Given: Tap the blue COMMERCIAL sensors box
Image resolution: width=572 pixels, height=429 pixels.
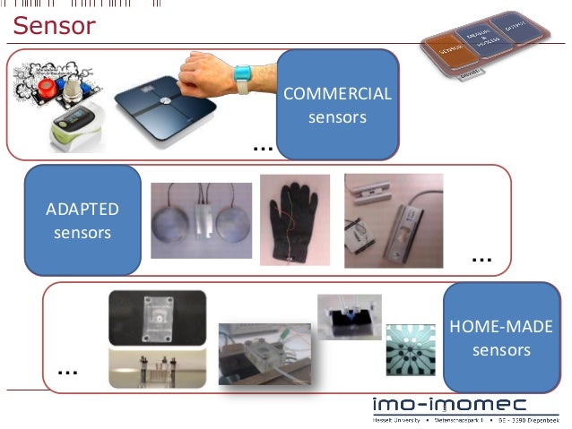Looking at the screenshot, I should (337, 105).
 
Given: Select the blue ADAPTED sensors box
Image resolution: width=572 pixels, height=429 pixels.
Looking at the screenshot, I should (82, 220).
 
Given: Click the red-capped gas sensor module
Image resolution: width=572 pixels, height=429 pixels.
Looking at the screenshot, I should (40, 89).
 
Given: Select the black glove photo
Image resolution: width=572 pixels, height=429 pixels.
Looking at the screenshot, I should (294, 219).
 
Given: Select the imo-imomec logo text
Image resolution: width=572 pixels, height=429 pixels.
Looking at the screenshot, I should (462, 402).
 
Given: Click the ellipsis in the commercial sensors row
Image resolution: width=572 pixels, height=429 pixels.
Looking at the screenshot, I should (262, 145).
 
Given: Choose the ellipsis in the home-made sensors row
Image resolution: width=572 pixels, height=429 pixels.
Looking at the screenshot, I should (66, 369).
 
